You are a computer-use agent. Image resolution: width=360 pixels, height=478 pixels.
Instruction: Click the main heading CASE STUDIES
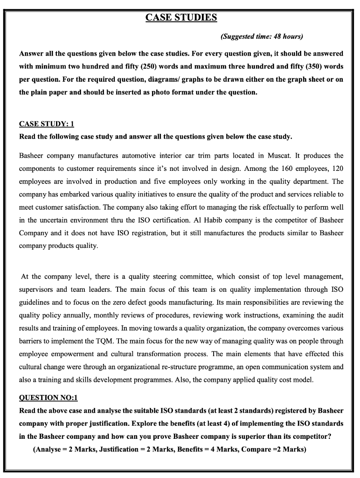click(x=181, y=18)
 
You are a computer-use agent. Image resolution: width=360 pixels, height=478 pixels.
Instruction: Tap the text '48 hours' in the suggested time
click(x=289, y=36)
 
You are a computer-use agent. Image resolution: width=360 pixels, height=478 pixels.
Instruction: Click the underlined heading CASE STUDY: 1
click(x=47, y=124)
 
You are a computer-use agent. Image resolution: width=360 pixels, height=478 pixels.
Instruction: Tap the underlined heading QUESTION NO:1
click(x=48, y=398)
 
